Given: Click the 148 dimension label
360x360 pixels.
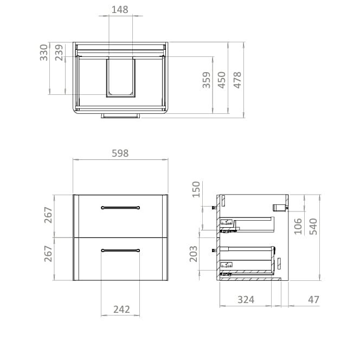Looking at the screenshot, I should (120, 9).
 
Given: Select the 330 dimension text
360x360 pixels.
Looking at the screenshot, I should (44, 53).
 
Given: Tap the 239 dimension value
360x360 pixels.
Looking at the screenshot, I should (59, 53).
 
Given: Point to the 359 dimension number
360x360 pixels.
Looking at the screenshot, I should (207, 81).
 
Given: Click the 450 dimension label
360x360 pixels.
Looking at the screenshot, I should (222, 80).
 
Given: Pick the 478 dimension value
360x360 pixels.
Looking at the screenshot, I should (237, 80).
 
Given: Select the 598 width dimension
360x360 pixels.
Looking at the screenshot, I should (120, 153).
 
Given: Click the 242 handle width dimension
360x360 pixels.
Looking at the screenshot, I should (121, 309).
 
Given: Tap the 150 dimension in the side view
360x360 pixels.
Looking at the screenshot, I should (196, 190).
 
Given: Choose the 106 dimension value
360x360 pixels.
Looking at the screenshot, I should (298, 226).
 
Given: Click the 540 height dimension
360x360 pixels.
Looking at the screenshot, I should (313, 226).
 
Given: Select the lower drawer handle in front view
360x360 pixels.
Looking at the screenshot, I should (121, 250).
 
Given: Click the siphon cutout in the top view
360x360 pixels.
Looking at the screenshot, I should (120, 77).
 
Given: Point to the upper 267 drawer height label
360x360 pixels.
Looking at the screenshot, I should (48, 215).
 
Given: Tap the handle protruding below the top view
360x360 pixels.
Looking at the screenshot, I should (120, 115).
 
